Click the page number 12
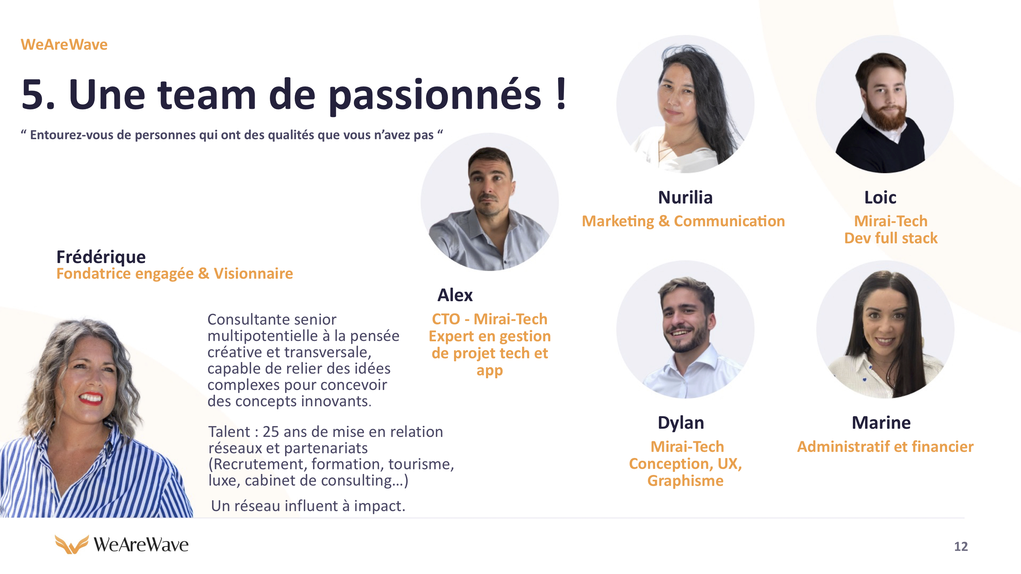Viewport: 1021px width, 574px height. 960,546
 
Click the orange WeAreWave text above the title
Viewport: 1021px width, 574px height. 64,44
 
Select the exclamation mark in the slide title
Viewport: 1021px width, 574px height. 561,94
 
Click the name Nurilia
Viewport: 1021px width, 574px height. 685,197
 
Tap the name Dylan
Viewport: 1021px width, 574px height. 681,423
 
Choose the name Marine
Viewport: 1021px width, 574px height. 881,423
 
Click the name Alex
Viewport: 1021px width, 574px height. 455,295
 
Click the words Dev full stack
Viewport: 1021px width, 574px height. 891,238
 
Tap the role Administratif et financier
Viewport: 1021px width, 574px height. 885,446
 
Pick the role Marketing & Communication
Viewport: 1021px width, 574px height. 683,221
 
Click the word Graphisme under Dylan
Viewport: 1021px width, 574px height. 685,480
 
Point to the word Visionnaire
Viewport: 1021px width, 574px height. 253,273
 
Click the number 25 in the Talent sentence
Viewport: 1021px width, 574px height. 271,432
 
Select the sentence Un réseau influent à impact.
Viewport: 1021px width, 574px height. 308,506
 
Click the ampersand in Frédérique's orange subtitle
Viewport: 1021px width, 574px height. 203,273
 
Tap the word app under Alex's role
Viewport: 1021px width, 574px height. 489,371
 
